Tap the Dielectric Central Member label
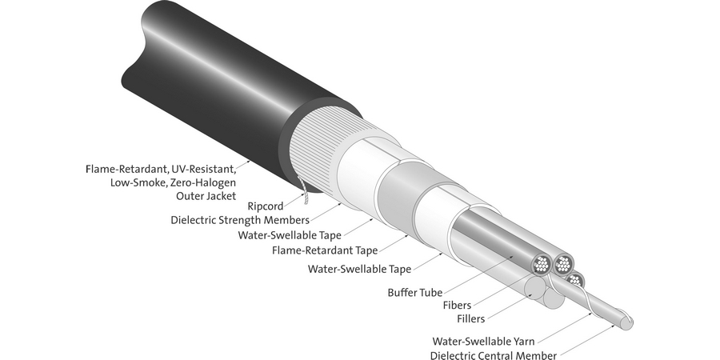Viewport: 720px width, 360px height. click(x=493, y=355)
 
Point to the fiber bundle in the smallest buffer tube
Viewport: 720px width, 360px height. click(x=574, y=280)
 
